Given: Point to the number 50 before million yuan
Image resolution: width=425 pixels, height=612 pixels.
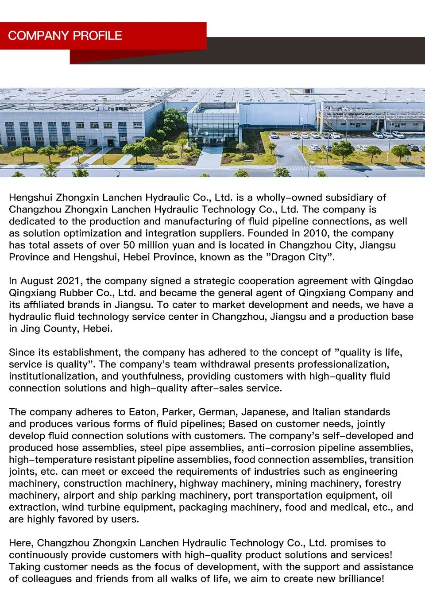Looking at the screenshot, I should [129, 245].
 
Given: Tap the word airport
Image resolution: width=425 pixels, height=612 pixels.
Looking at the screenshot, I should [79, 496].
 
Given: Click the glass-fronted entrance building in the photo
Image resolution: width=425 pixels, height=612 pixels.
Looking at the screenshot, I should [213, 128].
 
